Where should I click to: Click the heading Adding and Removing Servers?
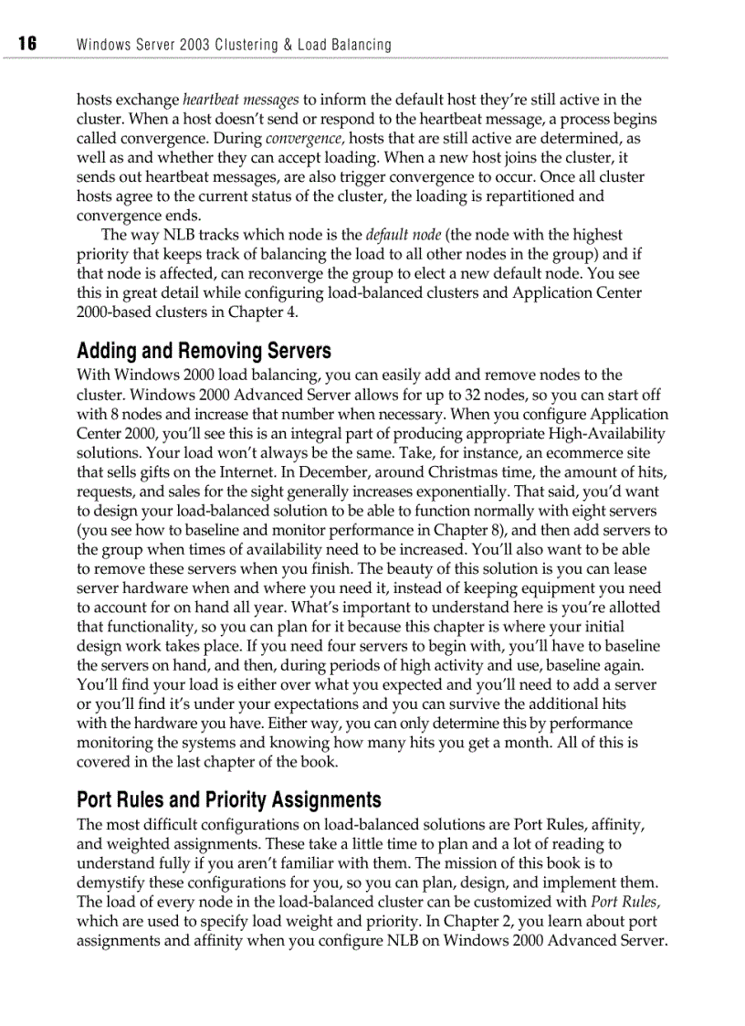pos(204,351)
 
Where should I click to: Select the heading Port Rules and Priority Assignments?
pos(229,800)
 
